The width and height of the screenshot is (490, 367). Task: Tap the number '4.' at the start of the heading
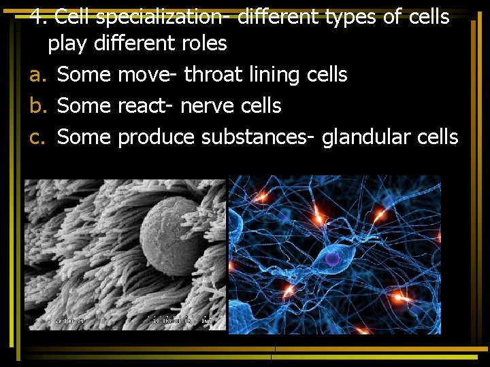[x=39, y=16]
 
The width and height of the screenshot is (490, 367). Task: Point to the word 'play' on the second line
[x=67, y=44]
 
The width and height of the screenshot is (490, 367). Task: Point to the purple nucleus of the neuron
[x=332, y=258]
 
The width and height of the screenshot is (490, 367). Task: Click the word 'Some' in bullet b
[x=84, y=105]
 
